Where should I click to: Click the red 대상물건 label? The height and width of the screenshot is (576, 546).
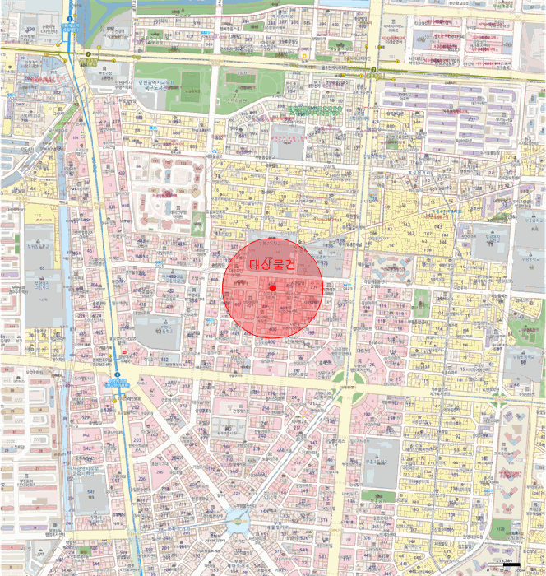[271, 263]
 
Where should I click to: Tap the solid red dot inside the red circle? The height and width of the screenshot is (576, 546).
[272, 286]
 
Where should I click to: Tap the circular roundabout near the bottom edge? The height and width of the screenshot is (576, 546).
[238, 518]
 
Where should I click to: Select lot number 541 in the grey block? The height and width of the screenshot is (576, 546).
[90, 492]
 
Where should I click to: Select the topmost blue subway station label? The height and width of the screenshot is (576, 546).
[67, 28]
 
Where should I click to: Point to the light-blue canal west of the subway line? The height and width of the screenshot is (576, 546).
[62, 247]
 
